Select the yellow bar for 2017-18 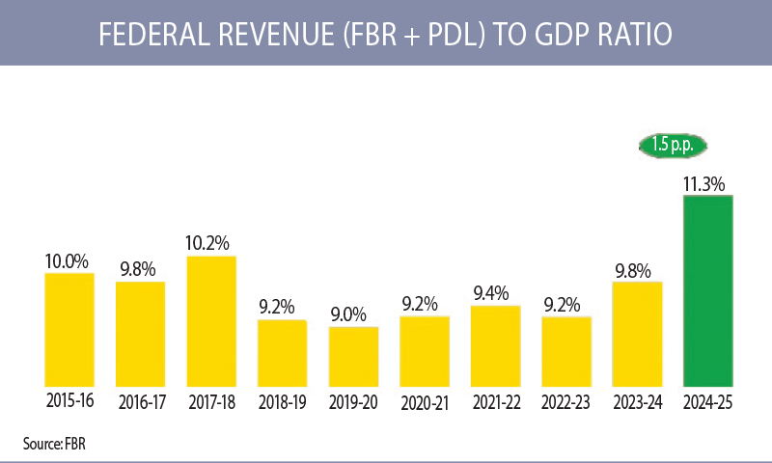[x=211, y=321]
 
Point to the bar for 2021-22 [x=495, y=346]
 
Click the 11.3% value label [x=707, y=183]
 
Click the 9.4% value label [x=495, y=292]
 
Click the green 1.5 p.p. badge [x=673, y=146]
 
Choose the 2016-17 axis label [x=140, y=402]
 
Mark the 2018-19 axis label [x=282, y=402]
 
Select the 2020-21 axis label [x=424, y=402]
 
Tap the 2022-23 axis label [x=565, y=402]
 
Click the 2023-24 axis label [x=637, y=402]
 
